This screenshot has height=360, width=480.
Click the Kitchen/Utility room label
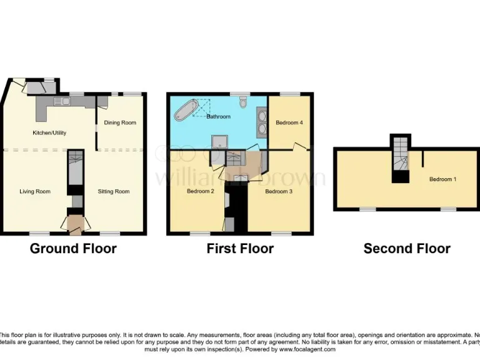tap(49, 132)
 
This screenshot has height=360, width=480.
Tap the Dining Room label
tap(120, 122)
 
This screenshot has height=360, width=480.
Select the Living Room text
tap(35, 191)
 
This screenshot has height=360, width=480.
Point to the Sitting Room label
tap(114, 191)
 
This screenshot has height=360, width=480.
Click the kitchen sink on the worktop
tap(62, 101)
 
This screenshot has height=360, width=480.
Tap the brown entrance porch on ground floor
tap(75, 223)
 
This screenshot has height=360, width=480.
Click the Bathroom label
tap(219, 117)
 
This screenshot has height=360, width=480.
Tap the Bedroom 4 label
tap(289, 122)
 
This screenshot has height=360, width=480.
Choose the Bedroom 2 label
tap(201, 191)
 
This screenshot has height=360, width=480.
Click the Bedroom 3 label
tap(279, 191)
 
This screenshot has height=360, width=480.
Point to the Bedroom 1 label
tap(442, 179)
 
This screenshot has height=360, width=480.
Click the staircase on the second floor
tap(401, 156)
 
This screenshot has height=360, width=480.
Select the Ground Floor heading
tap(73, 249)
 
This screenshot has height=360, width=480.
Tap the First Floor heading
tap(240, 249)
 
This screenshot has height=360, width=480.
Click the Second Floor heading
tap(407, 249)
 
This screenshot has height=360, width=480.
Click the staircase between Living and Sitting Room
tap(75, 167)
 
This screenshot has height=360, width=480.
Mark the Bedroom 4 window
tap(289, 94)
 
